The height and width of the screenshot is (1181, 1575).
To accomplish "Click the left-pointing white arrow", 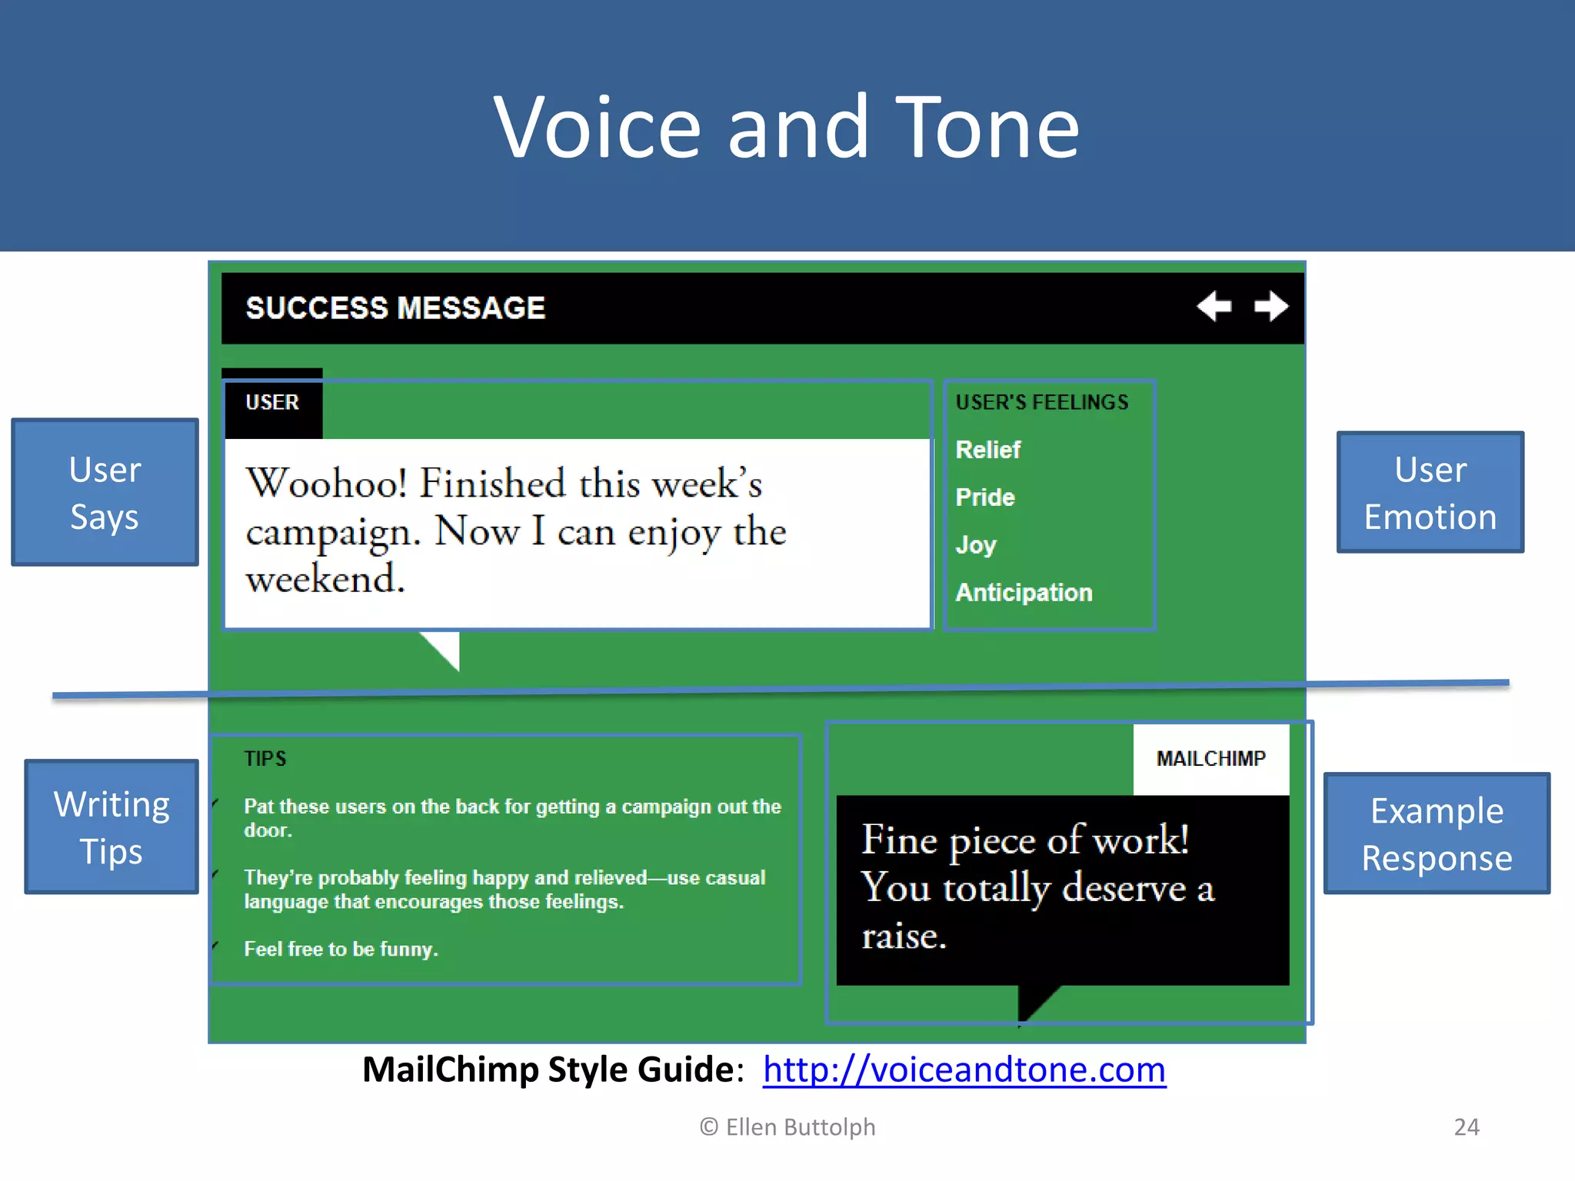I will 1214,306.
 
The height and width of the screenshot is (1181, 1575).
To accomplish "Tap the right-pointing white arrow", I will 1271,306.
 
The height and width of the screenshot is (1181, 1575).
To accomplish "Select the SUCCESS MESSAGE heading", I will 395,308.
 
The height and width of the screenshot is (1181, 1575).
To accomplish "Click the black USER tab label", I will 272,403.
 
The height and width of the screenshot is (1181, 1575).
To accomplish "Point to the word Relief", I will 987,450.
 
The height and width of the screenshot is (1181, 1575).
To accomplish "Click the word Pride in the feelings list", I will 985,497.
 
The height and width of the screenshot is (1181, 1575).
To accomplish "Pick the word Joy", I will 976,545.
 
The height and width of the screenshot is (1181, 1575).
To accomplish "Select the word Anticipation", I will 1024,593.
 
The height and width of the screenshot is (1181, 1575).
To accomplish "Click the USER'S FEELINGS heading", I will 1042,402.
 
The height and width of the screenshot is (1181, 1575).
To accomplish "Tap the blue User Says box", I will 105,493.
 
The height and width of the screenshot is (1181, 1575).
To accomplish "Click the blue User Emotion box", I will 1430,493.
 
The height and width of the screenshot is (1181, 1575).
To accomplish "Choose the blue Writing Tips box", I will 112,827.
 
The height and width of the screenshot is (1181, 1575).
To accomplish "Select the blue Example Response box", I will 1437,833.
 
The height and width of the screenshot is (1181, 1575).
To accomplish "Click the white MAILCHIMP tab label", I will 1211,759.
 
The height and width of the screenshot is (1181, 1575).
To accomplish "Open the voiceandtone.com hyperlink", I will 964,1070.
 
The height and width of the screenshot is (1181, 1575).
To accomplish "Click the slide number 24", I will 1467,1127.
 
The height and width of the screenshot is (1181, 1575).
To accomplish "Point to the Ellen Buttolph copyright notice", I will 787,1127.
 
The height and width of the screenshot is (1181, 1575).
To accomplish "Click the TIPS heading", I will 265,759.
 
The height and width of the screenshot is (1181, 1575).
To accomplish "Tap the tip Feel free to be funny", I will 341,950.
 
